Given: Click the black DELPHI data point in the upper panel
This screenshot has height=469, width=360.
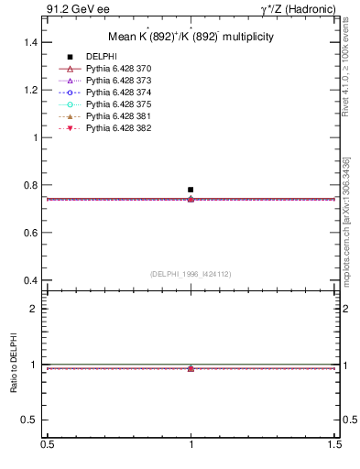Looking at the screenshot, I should (x=191, y=190).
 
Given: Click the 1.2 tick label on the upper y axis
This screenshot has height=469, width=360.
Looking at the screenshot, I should (x=30, y=90).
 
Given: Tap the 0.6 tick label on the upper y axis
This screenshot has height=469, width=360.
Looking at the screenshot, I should (x=30, y=233).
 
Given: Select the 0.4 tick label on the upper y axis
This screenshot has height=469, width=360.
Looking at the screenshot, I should (x=30, y=280).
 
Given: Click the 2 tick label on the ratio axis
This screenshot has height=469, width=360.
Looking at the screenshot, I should (x=36, y=309).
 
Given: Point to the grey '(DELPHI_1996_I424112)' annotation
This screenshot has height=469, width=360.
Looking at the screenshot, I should (x=191, y=273).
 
